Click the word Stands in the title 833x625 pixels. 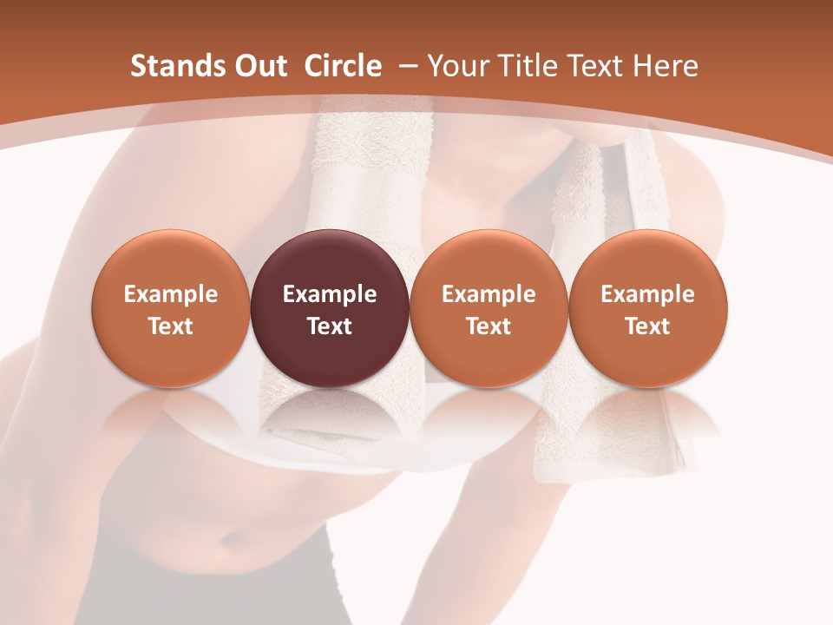166,66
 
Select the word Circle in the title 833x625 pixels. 343,66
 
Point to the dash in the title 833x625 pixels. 404,67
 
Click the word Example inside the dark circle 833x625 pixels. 330,294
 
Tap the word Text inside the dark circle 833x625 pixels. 330,326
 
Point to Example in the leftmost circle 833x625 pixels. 171,294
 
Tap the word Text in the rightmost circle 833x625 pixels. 647,326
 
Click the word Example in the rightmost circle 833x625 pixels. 647,294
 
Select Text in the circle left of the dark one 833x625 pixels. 171,326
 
